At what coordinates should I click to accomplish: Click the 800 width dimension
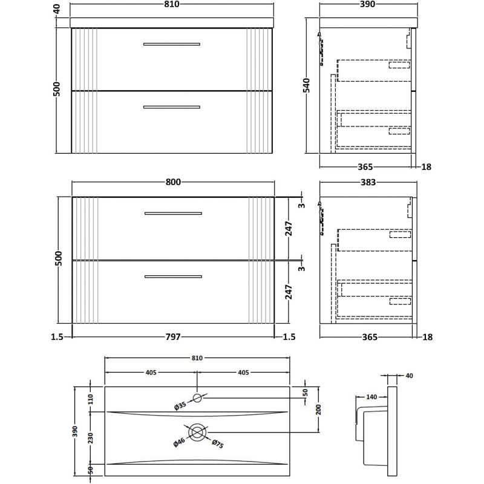tap(172, 182)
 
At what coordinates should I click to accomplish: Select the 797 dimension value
tap(172, 337)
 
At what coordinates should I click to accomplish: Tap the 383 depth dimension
tap(368, 182)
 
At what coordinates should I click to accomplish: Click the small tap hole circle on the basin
tap(198, 397)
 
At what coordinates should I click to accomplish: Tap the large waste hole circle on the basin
tap(198, 432)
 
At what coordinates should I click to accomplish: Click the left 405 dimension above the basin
tap(151, 373)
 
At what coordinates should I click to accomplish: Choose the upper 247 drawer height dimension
tap(289, 228)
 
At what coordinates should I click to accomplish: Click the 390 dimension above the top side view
tap(368, 5)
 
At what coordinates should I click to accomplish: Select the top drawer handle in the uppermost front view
tap(171, 44)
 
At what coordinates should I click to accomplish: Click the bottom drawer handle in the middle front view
tap(173, 277)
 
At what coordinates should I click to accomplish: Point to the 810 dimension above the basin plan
tap(197, 358)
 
